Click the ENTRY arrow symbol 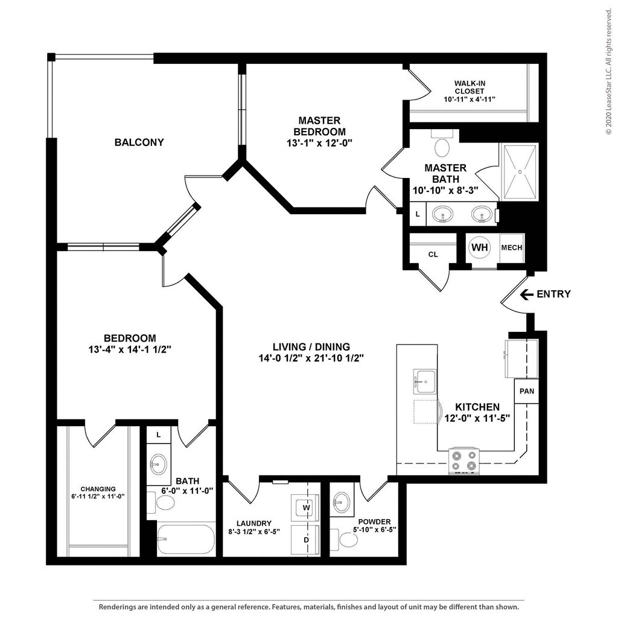(x=526, y=294)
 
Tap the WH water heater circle (x=480, y=247)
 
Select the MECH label (x=512, y=247)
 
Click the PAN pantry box (x=526, y=391)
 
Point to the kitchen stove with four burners (x=464, y=461)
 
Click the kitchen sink (x=425, y=381)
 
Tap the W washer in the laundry (x=306, y=508)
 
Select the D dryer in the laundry (x=306, y=540)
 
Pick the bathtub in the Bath (x=186, y=539)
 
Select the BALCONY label (x=139, y=142)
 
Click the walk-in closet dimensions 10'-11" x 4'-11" (x=470, y=100)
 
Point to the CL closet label (x=433, y=255)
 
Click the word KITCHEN (x=477, y=407)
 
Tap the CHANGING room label (x=98, y=489)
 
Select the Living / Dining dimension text (x=311, y=358)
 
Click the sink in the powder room (x=342, y=500)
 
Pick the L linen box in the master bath (x=418, y=214)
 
